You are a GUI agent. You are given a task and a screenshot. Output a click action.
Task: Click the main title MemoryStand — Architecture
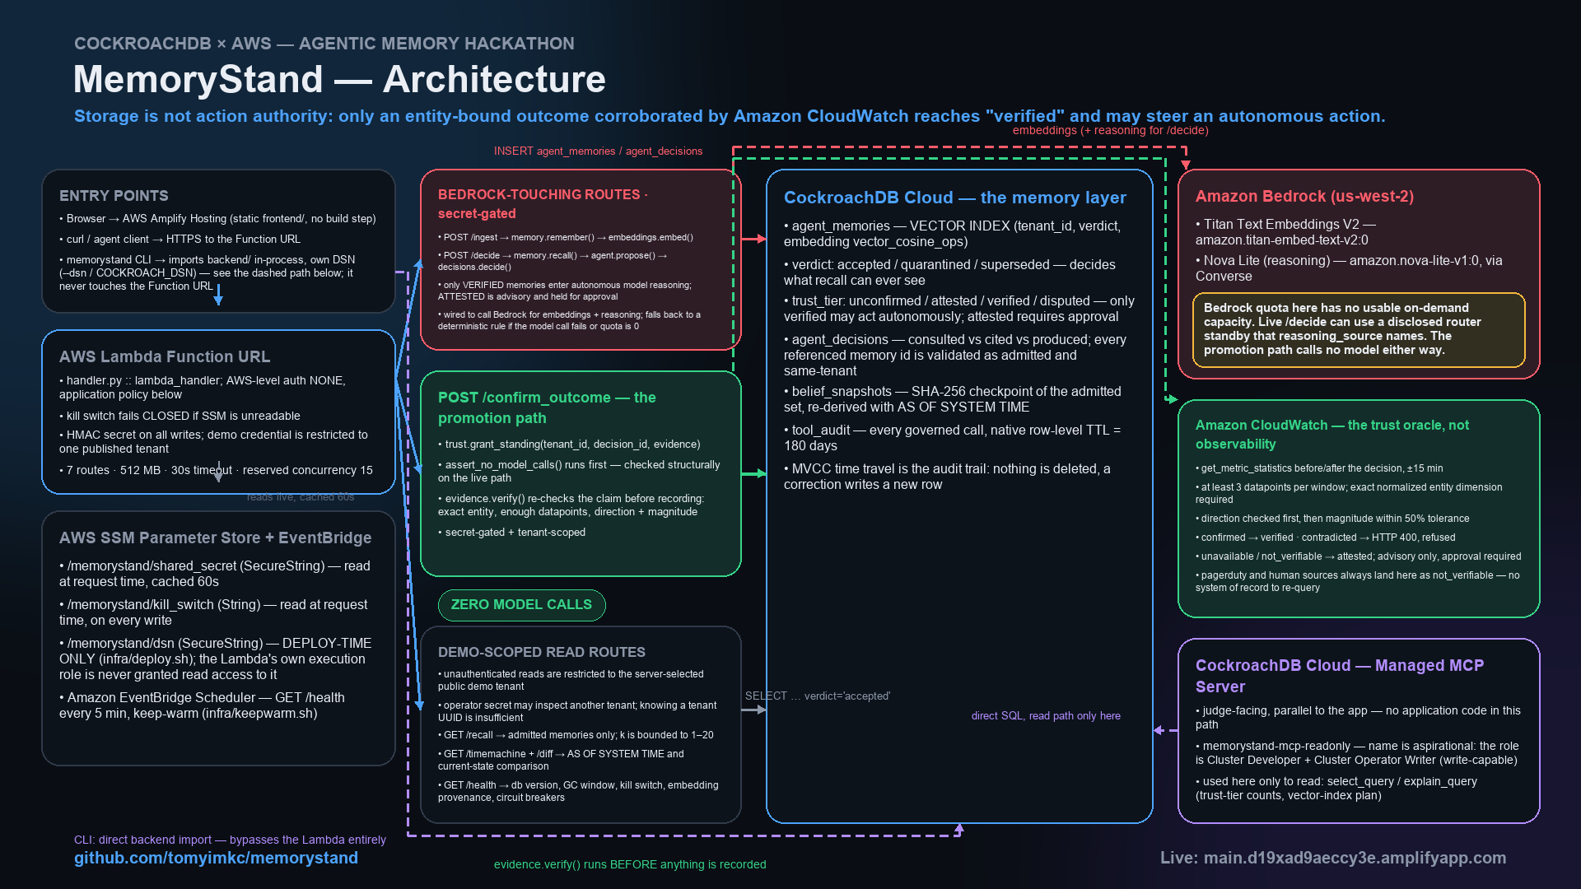339,79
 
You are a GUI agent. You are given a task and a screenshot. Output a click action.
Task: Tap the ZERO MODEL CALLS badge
521,605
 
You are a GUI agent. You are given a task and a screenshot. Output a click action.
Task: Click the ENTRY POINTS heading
114,196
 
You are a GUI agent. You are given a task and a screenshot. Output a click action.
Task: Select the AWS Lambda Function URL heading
165,356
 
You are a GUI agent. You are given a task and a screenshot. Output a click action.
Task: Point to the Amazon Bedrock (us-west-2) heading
1304,196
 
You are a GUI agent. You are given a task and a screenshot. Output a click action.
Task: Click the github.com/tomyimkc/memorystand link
216,858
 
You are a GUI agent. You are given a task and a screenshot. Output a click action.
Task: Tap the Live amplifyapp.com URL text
1333,858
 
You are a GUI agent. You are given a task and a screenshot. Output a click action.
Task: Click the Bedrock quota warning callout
1359,329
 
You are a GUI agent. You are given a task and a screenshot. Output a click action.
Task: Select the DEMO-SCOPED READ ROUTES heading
542,652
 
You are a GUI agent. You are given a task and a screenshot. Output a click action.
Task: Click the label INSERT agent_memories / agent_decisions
598,151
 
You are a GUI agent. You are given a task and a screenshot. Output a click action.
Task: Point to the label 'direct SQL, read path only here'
1046,716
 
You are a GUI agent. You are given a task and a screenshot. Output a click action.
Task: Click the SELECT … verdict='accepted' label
818,696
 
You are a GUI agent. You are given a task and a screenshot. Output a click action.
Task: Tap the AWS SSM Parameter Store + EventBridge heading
215,538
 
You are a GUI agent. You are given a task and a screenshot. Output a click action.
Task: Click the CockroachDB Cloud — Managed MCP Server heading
1340,676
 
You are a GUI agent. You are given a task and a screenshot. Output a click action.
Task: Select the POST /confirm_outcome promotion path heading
547,407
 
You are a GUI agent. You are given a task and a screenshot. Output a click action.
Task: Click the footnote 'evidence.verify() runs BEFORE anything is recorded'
630,864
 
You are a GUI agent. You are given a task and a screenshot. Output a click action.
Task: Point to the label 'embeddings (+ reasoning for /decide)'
1110,130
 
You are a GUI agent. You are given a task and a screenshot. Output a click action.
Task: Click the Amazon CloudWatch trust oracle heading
1332,435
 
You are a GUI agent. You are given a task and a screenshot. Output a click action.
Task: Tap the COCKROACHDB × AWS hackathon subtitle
324,44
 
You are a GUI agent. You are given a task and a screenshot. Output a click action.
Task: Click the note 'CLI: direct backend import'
230,840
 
